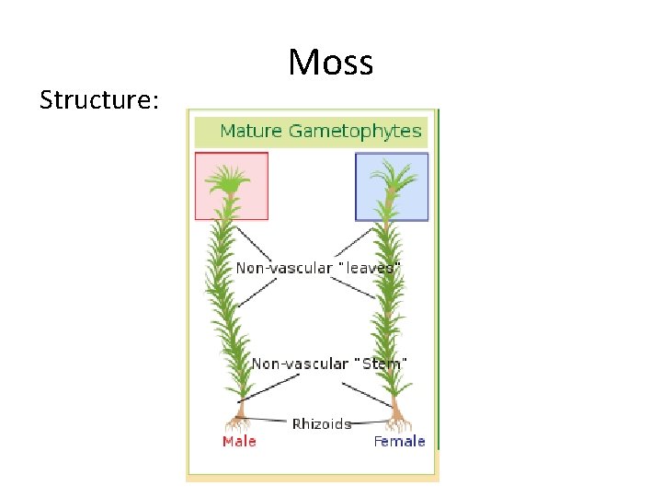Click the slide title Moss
click(x=330, y=63)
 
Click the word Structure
click(x=99, y=99)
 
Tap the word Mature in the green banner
click(x=251, y=131)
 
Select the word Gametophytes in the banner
click(x=355, y=131)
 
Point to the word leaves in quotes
click(x=371, y=268)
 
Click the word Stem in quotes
click(x=381, y=364)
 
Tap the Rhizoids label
click(x=321, y=424)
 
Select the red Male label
click(x=239, y=442)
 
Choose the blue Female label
click(x=399, y=442)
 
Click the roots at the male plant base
click(x=239, y=424)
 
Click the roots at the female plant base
click(x=397, y=424)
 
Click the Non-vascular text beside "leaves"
click(x=283, y=268)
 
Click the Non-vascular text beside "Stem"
click(x=300, y=364)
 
